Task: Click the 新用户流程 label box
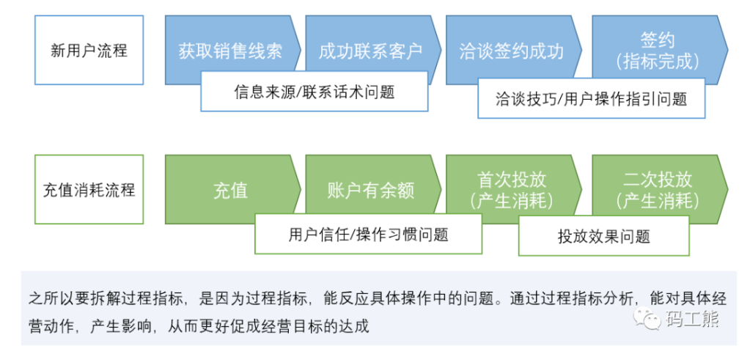(89, 51)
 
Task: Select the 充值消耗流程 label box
(89, 189)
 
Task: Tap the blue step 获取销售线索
(230, 51)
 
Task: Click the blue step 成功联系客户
(371, 51)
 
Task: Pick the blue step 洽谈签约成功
(511, 51)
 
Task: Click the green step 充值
(230, 190)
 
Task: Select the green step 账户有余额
(371, 190)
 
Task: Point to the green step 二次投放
(657, 180)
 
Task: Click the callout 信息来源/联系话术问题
(314, 92)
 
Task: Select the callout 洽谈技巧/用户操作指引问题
(591, 98)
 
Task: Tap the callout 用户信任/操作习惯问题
(368, 234)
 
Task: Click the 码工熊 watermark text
(692, 319)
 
